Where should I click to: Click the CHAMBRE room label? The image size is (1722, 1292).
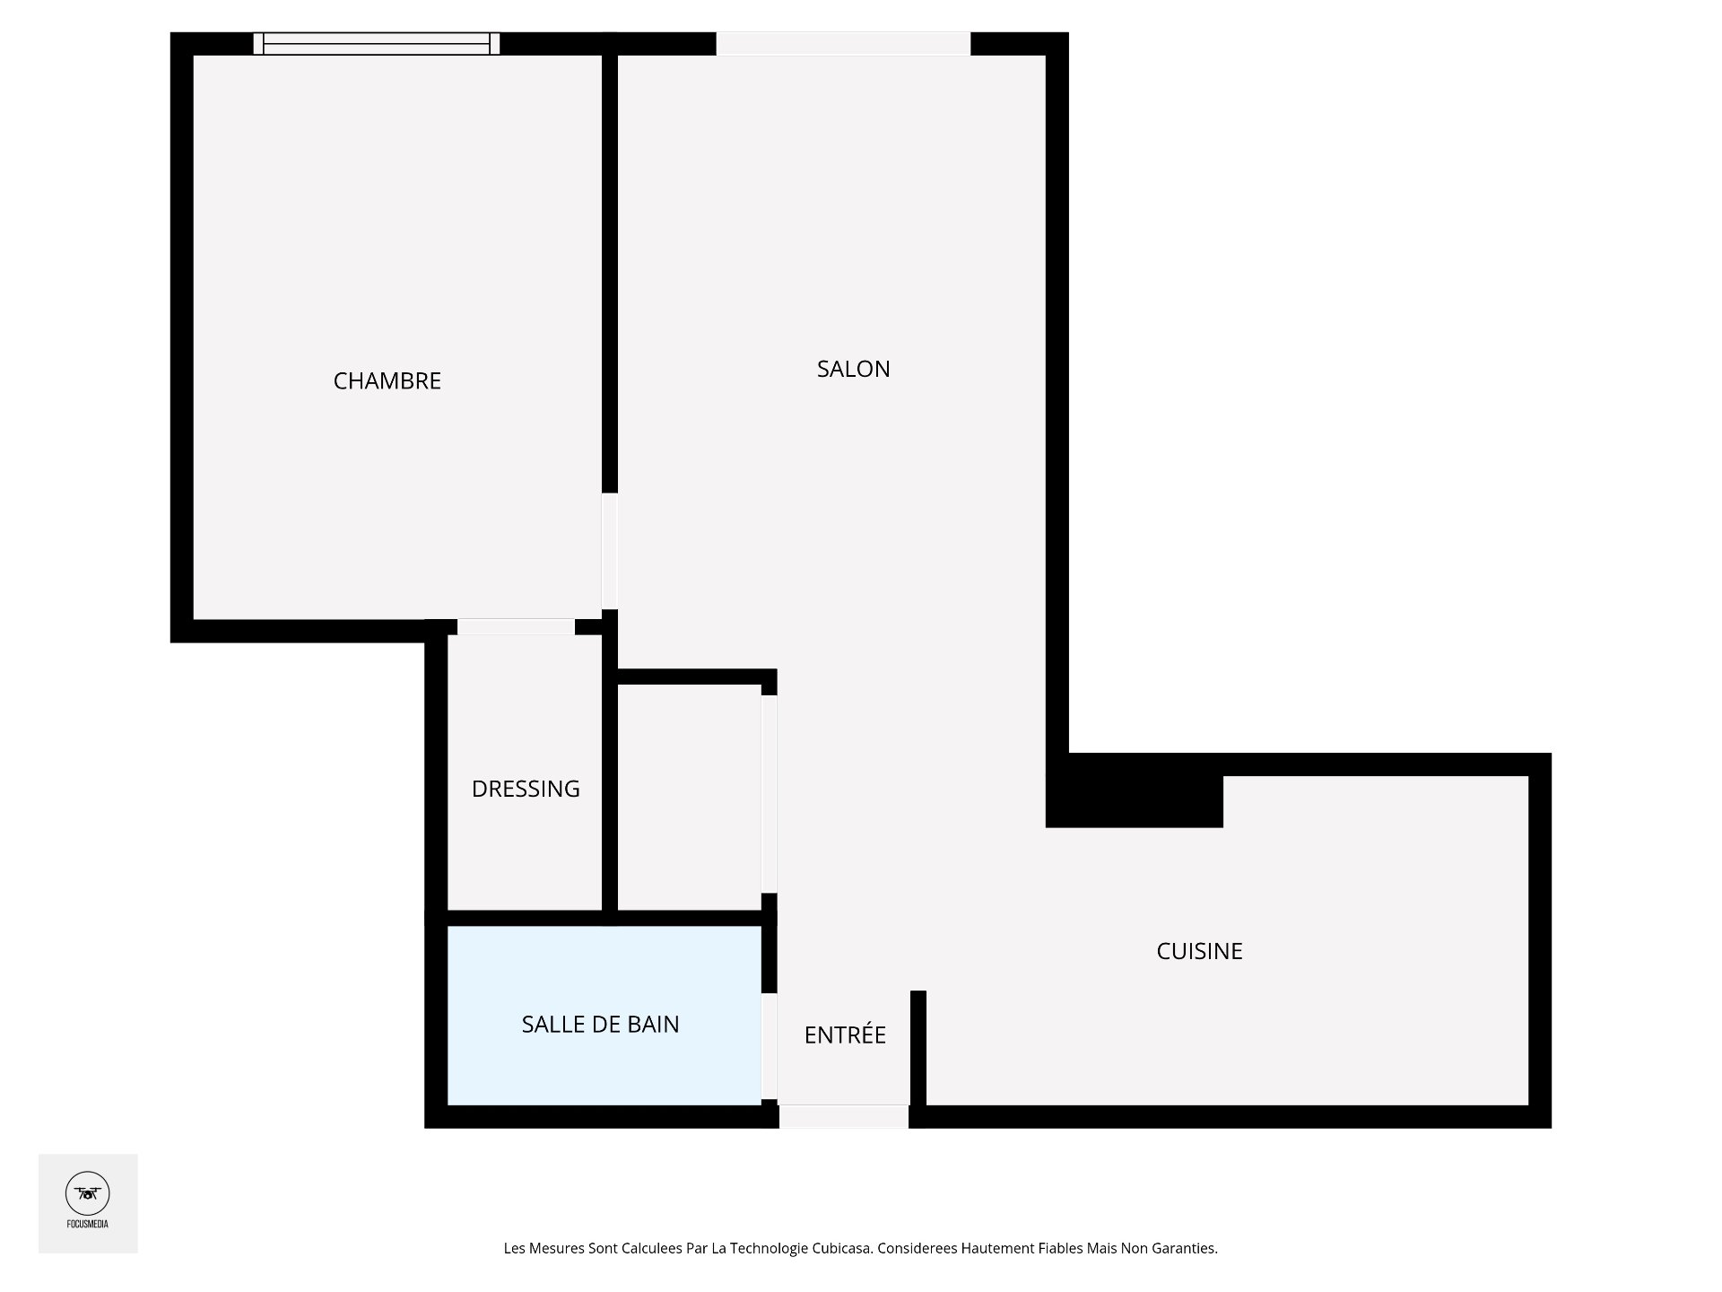pyautogui.click(x=387, y=381)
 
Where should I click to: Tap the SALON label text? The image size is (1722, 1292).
pyautogui.click(x=853, y=369)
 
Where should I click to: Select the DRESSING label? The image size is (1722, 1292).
pyautogui.click(x=526, y=789)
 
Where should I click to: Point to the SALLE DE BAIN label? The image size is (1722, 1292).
pyautogui.click(x=600, y=1024)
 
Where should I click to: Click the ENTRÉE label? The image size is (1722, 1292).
pyautogui.click(x=845, y=1034)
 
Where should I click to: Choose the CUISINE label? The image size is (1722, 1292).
pyautogui.click(x=1199, y=951)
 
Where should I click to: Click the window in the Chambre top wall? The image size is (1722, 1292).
pyautogui.click(x=377, y=43)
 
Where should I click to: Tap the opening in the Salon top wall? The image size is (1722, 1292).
pyautogui.click(x=843, y=43)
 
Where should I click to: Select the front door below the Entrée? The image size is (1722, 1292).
pyautogui.click(x=843, y=1116)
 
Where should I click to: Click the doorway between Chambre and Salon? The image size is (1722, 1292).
pyautogui.click(x=610, y=551)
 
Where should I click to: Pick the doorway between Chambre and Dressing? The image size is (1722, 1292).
pyautogui.click(x=516, y=626)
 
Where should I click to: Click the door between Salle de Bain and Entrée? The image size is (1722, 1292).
pyautogui.click(x=769, y=1046)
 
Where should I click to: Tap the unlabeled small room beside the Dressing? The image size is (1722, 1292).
pyautogui.click(x=689, y=798)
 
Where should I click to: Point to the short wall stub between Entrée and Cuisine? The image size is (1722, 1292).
pyautogui.click(x=918, y=1048)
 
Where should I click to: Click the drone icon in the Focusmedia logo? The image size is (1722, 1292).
pyautogui.click(x=88, y=1193)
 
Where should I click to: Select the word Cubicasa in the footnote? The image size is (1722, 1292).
pyautogui.click(x=841, y=1248)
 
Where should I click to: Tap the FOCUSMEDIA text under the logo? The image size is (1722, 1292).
pyautogui.click(x=88, y=1224)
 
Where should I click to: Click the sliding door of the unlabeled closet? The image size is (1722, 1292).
pyautogui.click(x=769, y=794)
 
